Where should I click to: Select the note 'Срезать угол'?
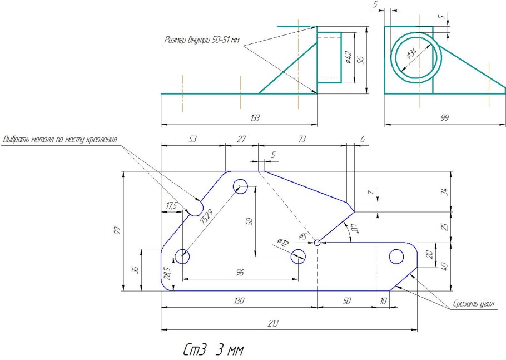click(475, 303)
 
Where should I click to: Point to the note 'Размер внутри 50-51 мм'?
click(202, 40)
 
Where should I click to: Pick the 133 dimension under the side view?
click(255, 118)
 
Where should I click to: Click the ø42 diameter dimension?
click(348, 57)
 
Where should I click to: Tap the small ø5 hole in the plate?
click(317, 243)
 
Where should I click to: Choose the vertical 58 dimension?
click(250, 221)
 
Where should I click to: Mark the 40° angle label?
click(354, 228)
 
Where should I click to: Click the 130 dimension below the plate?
click(239, 300)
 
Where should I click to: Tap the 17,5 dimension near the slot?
click(171, 206)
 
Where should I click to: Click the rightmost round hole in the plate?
click(396, 257)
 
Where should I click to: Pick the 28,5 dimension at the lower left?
click(167, 273)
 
